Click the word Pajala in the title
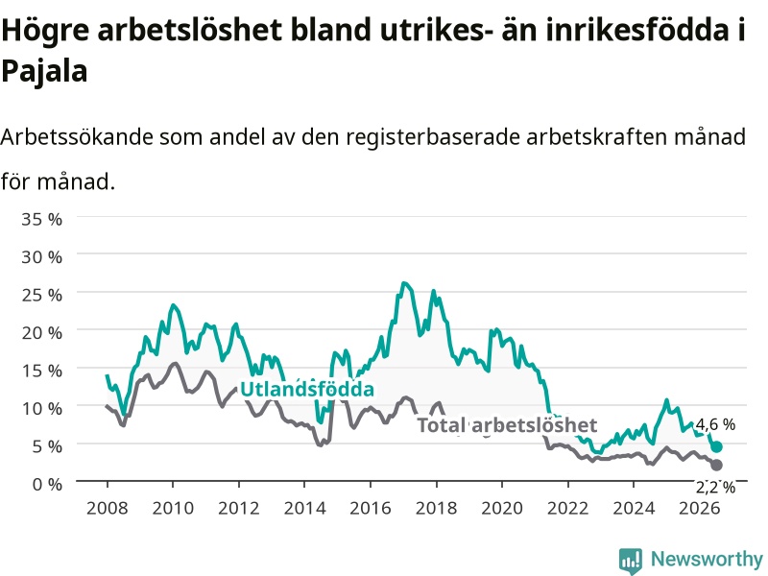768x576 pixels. pyautogui.click(x=44, y=71)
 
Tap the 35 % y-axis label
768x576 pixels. pyautogui.click(x=41, y=219)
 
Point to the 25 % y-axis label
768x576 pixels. pyautogui.click(x=41, y=295)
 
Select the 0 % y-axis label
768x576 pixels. pyautogui.click(x=47, y=485)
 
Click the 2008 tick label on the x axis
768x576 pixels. pyautogui.click(x=108, y=508)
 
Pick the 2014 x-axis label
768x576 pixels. pyautogui.click(x=304, y=508)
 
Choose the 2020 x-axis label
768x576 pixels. pyautogui.click(x=502, y=508)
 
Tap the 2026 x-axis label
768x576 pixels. pyautogui.click(x=700, y=508)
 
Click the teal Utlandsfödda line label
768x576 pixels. pyautogui.click(x=307, y=389)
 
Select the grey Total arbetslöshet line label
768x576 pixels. pyautogui.click(x=507, y=424)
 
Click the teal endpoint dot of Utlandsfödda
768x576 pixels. pyautogui.click(x=716, y=446)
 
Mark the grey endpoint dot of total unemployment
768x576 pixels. pyautogui.click(x=716, y=465)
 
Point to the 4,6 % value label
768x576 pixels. pyautogui.click(x=715, y=424)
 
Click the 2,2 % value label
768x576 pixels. pyautogui.click(x=715, y=488)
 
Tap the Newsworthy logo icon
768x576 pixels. pyautogui.click(x=631, y=560)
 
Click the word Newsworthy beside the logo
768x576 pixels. pyautogui.click(x=707, y=559)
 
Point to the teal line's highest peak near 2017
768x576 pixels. pyautogui.click(x=403, y=283)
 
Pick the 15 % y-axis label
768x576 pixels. pyautogui.click(x=41, y=371)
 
